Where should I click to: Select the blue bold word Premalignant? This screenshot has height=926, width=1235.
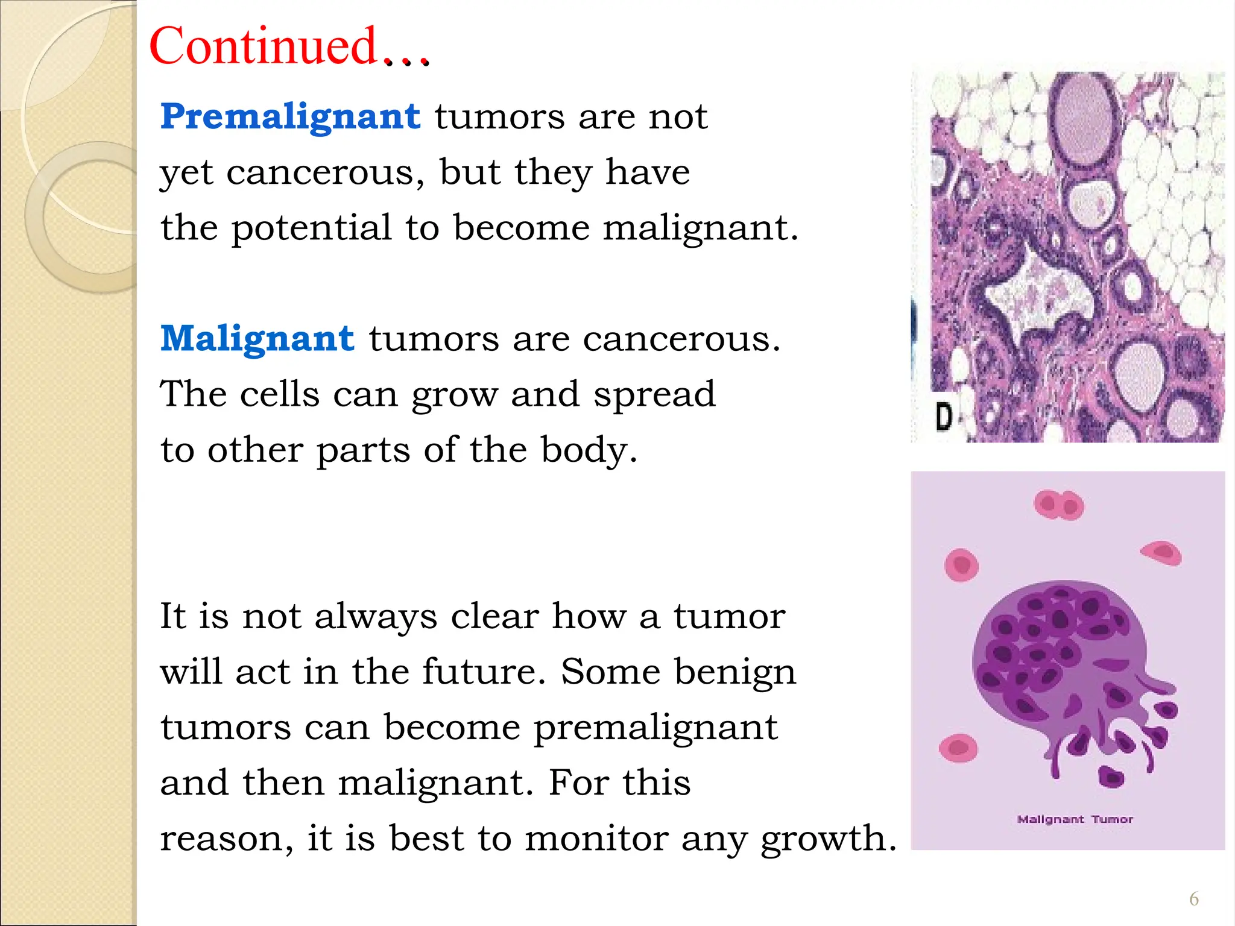290,116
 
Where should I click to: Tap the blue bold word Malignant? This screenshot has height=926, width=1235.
257,338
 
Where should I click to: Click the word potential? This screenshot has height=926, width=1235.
311,228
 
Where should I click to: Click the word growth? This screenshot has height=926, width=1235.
829,839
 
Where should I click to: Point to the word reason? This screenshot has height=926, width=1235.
227,839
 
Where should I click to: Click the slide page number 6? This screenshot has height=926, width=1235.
1193,899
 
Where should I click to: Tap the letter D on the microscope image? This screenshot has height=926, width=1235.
944,416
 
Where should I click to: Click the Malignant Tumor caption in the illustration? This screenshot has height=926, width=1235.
1075,819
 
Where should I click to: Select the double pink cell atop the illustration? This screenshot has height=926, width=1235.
1059,505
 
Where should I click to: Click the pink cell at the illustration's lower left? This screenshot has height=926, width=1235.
958,749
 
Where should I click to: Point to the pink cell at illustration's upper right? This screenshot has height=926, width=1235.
1161,552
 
